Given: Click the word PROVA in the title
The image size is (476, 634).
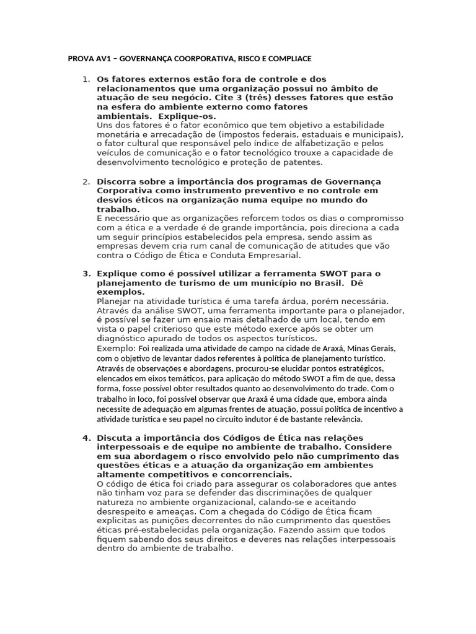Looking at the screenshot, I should click(79, 59).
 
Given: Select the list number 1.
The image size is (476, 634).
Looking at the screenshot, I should click(86, 79).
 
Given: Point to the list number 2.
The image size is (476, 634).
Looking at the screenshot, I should click(86, 181).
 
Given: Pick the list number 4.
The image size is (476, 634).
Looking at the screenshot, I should click(86, 439).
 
